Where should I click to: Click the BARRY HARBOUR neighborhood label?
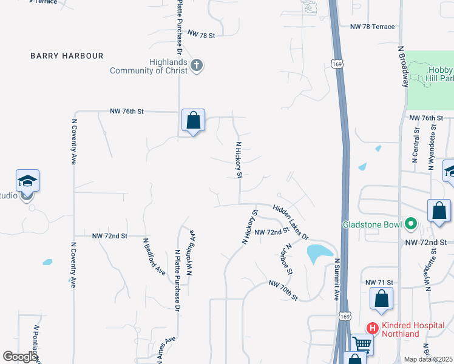pos(67,56)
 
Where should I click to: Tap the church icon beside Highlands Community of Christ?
pos(196,66)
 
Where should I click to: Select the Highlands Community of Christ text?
pos(149,66)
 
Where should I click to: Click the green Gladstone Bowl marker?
pos(410,224)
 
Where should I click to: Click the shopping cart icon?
pos(362,344)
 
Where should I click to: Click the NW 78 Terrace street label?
pos(373,27)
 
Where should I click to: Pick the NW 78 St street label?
pos(202,35)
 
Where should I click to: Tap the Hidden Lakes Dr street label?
pos(291,221)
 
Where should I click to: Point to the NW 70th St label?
pos(283,291)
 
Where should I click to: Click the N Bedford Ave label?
pos(154,256)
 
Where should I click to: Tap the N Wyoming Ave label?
pos(190,252)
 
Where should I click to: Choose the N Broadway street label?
pos(402,66)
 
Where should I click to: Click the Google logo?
pos(20,357)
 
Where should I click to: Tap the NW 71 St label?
pos(380,283)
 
